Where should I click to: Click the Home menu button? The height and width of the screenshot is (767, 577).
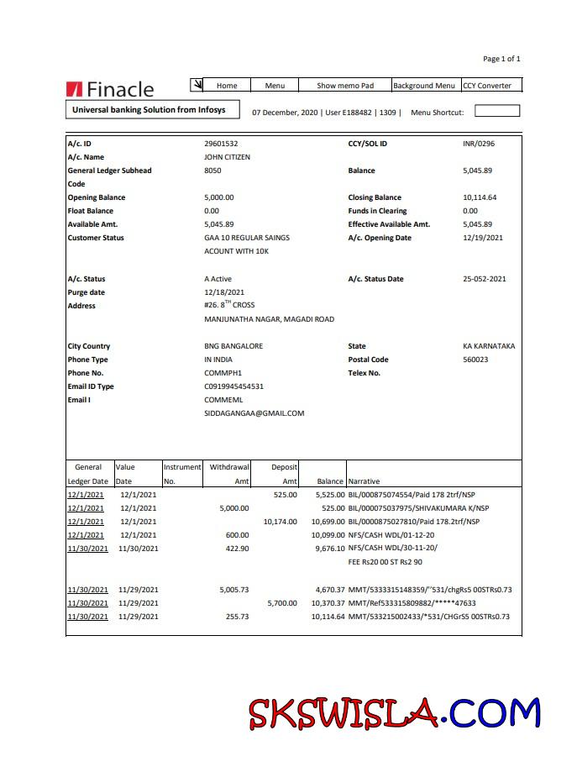click(227, 85)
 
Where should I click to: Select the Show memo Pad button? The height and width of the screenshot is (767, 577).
click(344, 85)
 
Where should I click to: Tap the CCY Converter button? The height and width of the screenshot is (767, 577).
click(487, 85)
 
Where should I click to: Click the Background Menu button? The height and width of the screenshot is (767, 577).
click(424, 85)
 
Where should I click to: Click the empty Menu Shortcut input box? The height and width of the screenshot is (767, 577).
click(497, 111)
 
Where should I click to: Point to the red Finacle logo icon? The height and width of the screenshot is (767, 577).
click(74, 89)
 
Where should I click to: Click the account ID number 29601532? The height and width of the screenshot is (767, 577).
click(221, 144)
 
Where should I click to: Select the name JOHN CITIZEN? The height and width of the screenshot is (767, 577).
click(227, 157)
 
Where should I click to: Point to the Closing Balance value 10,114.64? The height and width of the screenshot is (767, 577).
click(480, 197)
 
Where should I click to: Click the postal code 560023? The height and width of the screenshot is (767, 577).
click(475, 360)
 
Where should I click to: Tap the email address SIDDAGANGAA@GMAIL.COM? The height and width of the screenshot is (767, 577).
click(254, 413)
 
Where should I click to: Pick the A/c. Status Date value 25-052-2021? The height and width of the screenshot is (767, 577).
click(484, 279)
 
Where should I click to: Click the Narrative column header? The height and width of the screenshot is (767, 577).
click(364, 481)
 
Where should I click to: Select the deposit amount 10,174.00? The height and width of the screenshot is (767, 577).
click(280, 521)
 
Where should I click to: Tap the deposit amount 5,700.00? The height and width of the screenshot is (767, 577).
click(282, 603)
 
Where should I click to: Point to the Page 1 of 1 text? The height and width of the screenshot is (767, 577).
click(501, 59)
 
